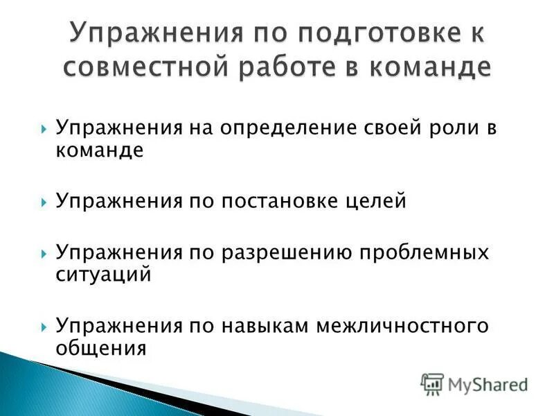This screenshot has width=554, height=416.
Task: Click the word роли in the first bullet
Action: (454, 129)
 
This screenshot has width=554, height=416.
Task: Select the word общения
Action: (101, 347)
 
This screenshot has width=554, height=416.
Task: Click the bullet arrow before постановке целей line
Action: (44, 202)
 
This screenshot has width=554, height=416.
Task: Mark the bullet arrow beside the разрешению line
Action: (44, 253)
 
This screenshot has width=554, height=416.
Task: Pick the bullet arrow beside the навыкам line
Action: (44, 326)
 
